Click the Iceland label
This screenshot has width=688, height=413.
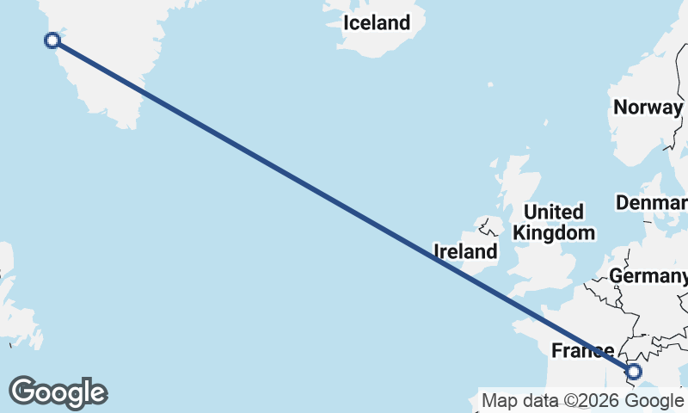coord(377,23)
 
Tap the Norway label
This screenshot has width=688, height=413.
coord(647,108)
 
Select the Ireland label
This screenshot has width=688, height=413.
coord(465,251)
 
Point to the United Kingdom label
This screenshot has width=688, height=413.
coord(553,222)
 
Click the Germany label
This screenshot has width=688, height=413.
coord(647,276)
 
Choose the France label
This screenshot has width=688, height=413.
coord(582,350)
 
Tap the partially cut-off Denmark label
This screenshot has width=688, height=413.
coord(652,203)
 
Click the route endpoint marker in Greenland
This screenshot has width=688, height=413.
coord(52,40)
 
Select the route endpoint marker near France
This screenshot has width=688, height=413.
coord(634,372)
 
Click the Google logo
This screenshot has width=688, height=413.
coord(58,392)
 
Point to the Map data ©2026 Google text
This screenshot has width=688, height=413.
coord(582,400)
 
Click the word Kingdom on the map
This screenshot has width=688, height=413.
coord(553,232)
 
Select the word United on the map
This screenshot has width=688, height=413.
coord(553,212)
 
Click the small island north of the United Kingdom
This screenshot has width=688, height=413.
coord(489,85)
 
